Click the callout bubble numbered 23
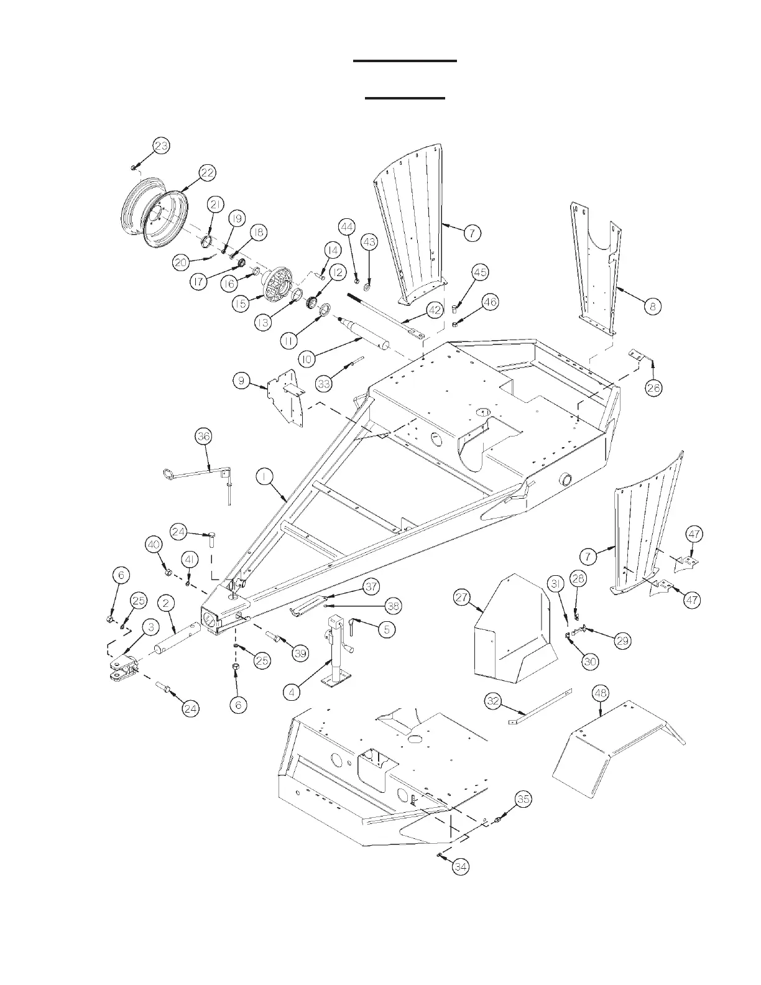pyautogui.click(x=161, y=146)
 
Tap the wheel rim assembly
pyautogui.click(x=150, y=213)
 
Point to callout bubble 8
pyautogui.click(x=652, y=306)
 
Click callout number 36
pyautogui.click(x=203, y=437)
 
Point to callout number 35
pyautogui.click(x=523, y=800)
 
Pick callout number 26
pyautogui.click(x=653, y=388)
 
